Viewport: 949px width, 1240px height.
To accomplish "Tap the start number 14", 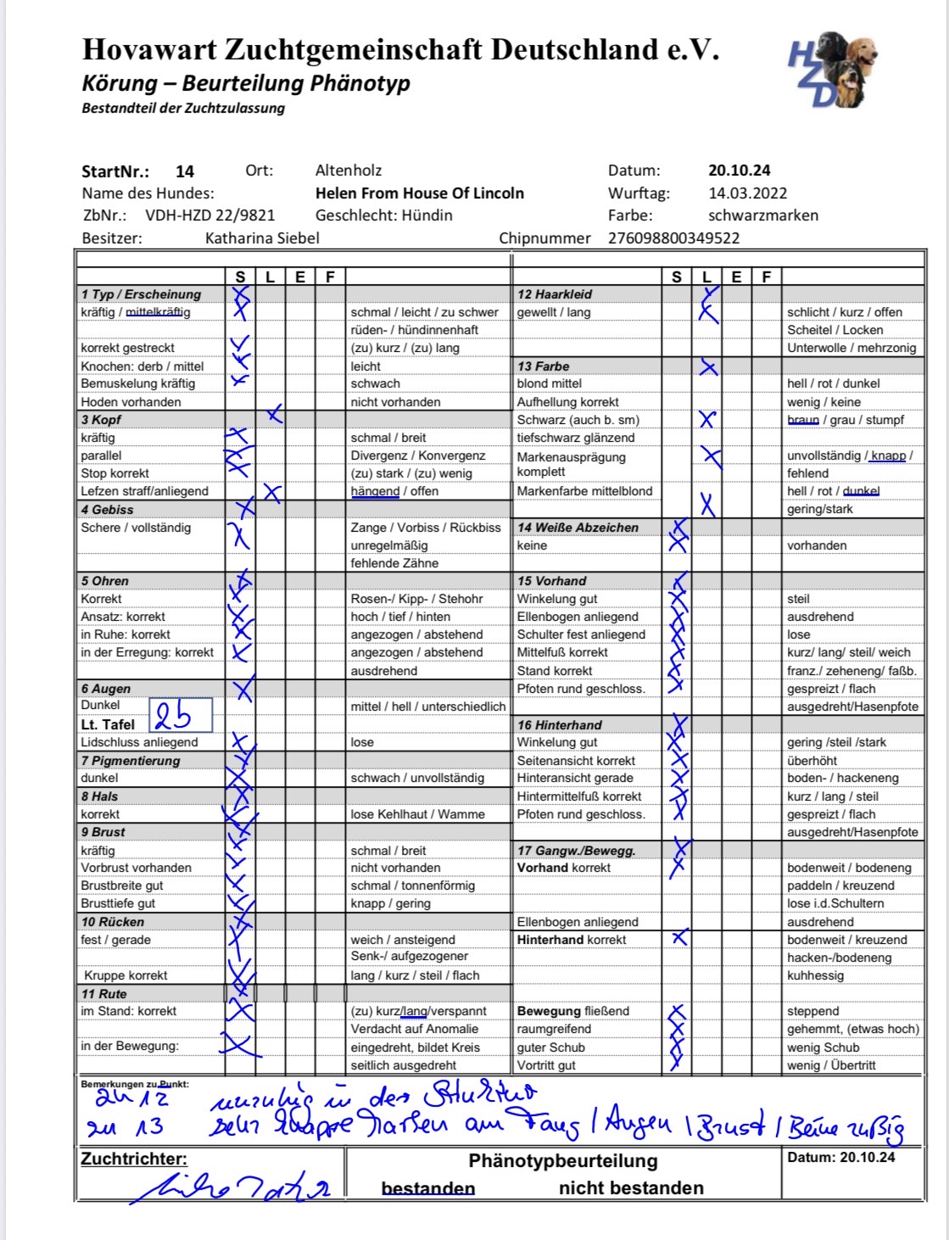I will tap(185, 171).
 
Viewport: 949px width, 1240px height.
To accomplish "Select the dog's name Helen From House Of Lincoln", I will tap(419, 193).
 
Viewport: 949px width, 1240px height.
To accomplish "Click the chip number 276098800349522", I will tap(673, 238).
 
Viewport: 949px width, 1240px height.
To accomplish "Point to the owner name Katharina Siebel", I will tap(262, 238).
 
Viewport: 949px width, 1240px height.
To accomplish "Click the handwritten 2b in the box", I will tap(173, 718).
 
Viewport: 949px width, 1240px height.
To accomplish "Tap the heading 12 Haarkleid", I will tap(555, 294).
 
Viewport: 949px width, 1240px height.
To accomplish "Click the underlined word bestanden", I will tap(428, 1188).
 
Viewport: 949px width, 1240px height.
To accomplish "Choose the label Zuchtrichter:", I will tap(134, 1159).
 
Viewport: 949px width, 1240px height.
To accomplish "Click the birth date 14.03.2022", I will tap(747, 193).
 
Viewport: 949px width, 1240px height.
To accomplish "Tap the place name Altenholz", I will tap(349, 170).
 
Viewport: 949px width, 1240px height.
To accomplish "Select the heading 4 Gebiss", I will tap(108, 510).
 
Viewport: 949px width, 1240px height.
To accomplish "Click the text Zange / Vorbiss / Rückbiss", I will tap(426, 528).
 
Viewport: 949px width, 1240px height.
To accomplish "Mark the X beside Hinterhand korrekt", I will tap(678, 938).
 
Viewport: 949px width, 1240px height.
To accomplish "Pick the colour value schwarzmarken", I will tap(763, 215).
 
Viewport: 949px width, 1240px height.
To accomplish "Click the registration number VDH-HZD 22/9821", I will tap(209, 215).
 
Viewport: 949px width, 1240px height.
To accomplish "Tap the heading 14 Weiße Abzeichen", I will tap(578, 528).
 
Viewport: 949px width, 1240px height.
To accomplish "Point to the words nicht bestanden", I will tap(631, 1188).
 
